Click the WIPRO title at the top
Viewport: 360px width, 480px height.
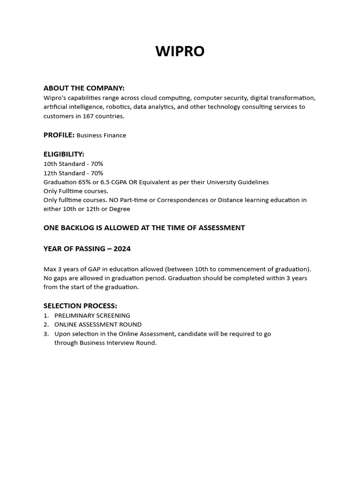(180, 51)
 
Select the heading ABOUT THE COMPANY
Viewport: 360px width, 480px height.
(84, 88)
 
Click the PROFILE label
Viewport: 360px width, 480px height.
(59, 135)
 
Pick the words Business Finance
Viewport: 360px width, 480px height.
(101, 135)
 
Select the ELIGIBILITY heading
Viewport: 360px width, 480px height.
(64, 154)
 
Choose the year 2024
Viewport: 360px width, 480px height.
(122, 249)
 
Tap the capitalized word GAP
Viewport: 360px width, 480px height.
(88, 269)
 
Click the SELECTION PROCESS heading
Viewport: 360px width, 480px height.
(80, 306)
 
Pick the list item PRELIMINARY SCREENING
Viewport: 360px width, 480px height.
(92, 315)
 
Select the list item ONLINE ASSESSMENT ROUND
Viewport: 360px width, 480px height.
(98, 324)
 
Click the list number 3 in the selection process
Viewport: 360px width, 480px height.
(46, 334)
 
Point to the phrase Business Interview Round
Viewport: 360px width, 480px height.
(118, 343)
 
